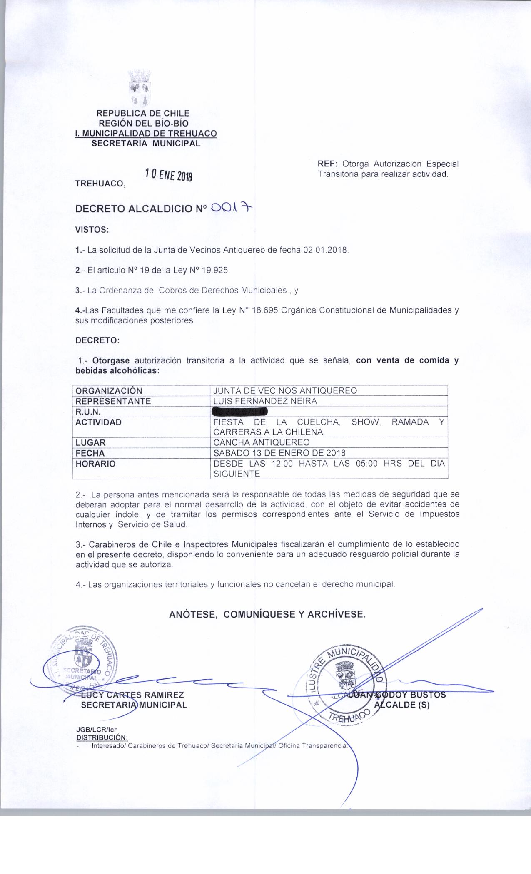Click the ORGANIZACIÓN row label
click(109, 391)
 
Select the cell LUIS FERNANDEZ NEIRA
click(265, 401)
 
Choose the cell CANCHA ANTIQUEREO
click(261, 442)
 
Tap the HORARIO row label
click(95, 464)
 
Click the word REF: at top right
click(327, 164)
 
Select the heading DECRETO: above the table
click(97, 340)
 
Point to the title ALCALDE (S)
click(402, 705)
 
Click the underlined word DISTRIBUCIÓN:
click(102, 738)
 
